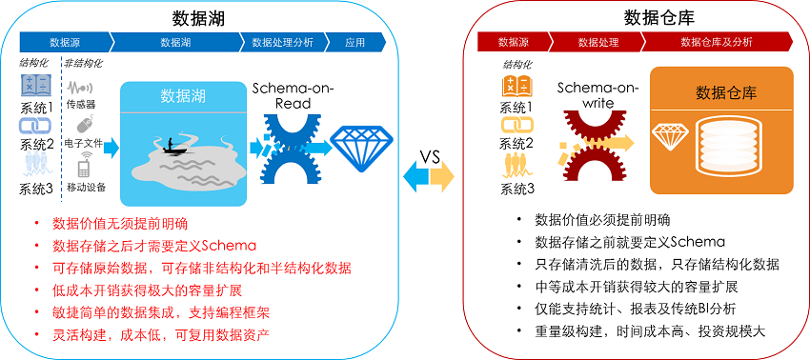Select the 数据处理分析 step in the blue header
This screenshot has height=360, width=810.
282,42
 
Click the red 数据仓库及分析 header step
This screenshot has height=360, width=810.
716,42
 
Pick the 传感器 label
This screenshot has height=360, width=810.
80,104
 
